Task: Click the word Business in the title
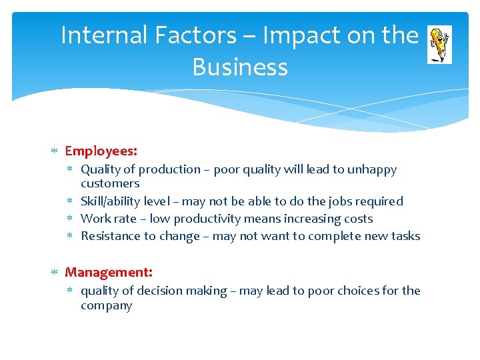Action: click(x=240, y=67)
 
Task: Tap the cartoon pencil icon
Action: click(x=439, y=44)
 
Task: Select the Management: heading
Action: click(x=109, y=272)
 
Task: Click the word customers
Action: click(x=110, y=183)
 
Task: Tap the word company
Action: click(x=107, y=306)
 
